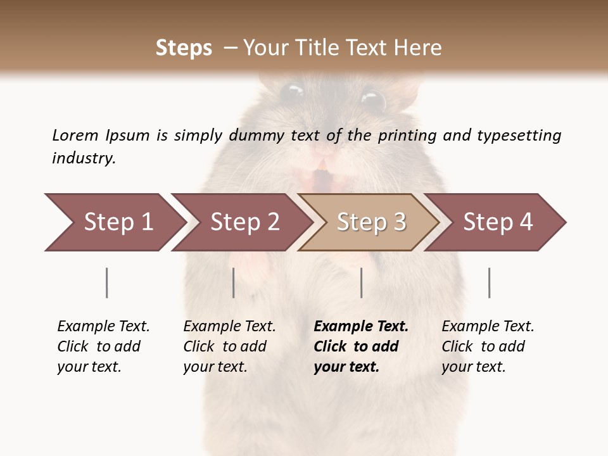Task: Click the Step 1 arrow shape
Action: click(114, 222)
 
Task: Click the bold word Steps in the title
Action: click(184, 48)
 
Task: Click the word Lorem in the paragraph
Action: click(75, 135)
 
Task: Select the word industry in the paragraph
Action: click(84, 158)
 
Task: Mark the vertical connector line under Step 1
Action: click(107, 282)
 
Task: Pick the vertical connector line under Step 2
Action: click(234, 282)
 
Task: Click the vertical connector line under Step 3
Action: click(362, 282)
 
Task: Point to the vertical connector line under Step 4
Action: click(490, 282)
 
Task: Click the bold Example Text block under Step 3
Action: click(361, 346)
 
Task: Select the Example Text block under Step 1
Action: click(103, 346)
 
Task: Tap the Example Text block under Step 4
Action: click(488, 346)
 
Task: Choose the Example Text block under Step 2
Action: click(229, 346)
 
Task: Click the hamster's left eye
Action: click(292, 92)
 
